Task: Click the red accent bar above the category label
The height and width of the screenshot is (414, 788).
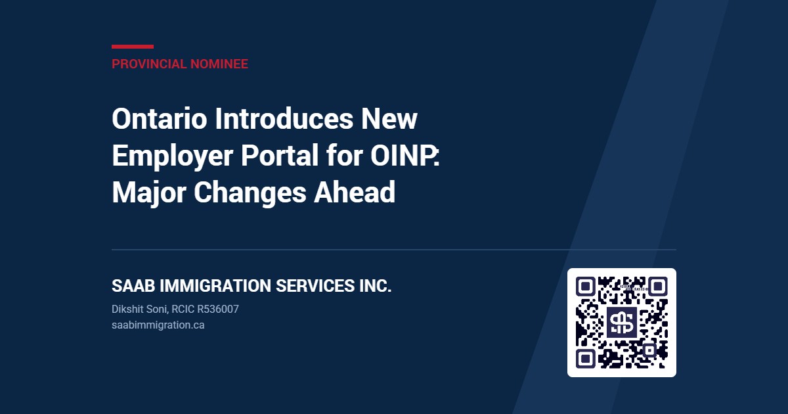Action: click(133, 47)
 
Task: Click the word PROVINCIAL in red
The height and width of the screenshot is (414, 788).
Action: click(149, 64)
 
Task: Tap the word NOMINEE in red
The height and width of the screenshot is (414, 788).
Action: click(219, 64)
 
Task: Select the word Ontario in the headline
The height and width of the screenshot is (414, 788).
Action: click(160, 119)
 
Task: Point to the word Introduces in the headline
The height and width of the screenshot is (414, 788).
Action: click(284, 119)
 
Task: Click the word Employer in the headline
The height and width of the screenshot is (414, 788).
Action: click(172, 156)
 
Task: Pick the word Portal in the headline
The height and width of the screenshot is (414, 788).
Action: click(280, 155)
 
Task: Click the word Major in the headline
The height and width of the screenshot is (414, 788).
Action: click(149, 193)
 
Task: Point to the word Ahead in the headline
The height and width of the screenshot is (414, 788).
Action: click(354, 192)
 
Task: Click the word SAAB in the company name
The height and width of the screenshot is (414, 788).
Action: click(133, 285)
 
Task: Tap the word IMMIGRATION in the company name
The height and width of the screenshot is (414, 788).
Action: click(215, 285)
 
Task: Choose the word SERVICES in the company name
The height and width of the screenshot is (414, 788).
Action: click(315, 285)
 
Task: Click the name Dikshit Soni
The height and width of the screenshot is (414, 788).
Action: click(139, 309)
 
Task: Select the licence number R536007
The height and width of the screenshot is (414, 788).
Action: click(218, 309)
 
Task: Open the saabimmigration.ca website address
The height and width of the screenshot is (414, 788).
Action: click(158, 325)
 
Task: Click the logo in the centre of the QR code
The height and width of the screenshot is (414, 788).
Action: click(622, 323)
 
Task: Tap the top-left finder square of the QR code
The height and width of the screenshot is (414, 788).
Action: click(585, 287)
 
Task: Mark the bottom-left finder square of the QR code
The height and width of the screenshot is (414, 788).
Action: click(585, 359)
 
